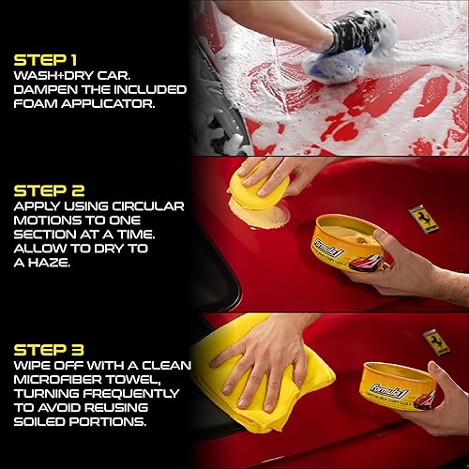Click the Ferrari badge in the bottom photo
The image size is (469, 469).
point(434,340)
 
